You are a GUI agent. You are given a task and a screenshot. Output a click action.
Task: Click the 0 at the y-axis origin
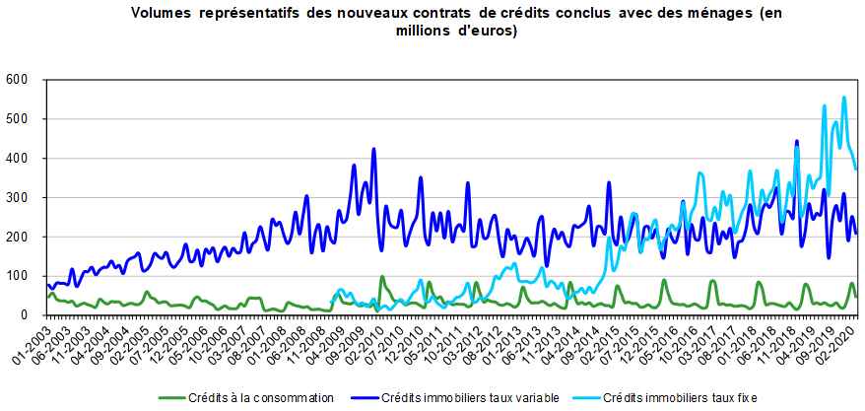[x=26, y=315]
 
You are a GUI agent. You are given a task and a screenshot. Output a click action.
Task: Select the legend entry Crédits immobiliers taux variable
[x=470, y=398]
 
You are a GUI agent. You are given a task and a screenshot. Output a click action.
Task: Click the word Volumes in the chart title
[x=162, y=14]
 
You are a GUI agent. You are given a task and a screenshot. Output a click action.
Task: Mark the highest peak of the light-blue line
[x=844, y=98]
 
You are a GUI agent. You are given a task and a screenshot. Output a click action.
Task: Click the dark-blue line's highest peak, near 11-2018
[x=796, y=142]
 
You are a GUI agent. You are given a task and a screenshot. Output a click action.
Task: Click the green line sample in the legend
[x=172, y=398]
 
